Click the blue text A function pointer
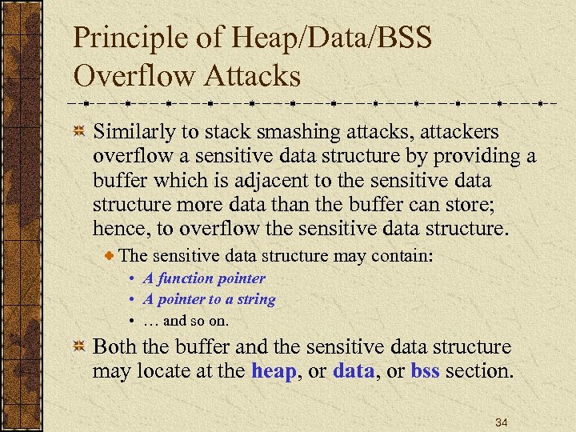click(x=203, y=278)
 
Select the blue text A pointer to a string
click(x=209, y=299)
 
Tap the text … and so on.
click(x=186, y=321)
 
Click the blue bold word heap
click(x=277, y=371)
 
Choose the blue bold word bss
click(x=425, y=371)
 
